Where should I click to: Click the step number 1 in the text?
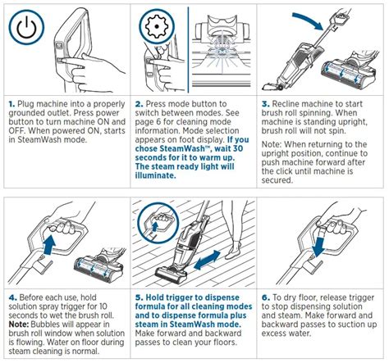[x=10, y=106]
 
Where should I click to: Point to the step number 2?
[x=138, y=106]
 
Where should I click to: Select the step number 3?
[x=266, y=106]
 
